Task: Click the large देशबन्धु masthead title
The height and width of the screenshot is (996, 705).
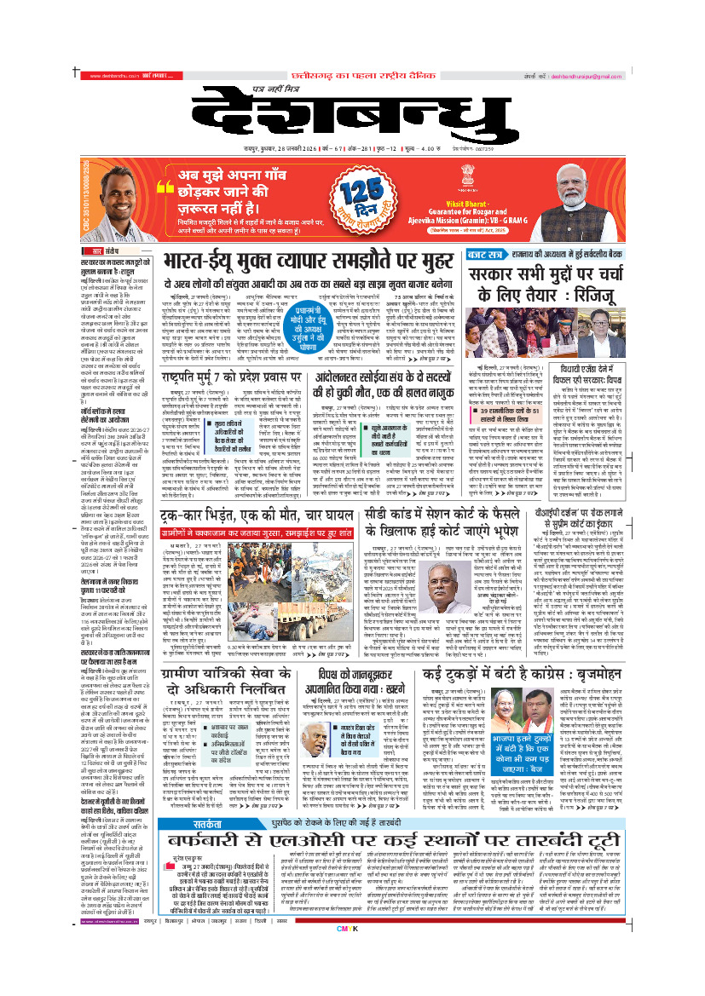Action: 353,118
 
